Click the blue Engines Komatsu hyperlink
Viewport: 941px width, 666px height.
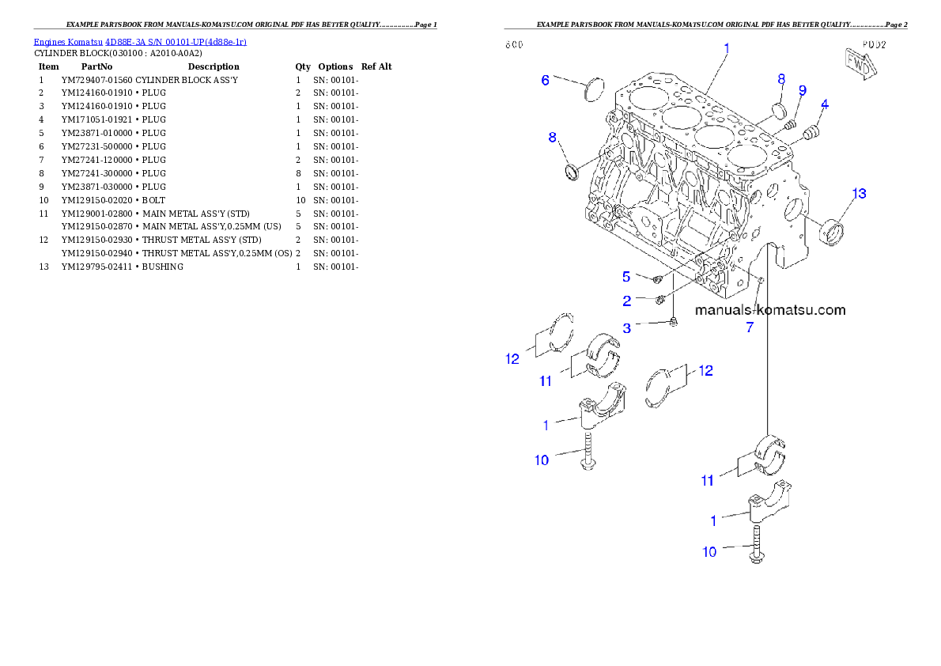[x=140, y=41]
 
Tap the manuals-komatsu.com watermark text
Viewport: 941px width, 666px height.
[x=770, y=310]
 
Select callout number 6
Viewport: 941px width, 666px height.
[x=545, y=79]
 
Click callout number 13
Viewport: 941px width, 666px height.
[x=858, y=194]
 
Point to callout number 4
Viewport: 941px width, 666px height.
[x=825, y=104]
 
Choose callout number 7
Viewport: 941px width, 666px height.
[x=750, y=327]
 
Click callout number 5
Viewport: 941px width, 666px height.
[x=626, y=276]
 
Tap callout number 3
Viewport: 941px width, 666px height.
[x=626, y=327]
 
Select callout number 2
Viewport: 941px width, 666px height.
[x=626, y=301]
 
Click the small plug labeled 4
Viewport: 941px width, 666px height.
[x=809, y=135]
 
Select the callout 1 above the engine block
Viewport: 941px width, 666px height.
[x=726, y=47]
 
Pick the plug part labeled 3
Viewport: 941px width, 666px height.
[x=673, y=323]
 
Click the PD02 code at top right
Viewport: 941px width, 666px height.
[x=875, y=44]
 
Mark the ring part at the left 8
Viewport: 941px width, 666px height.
[x=572, y=172]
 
